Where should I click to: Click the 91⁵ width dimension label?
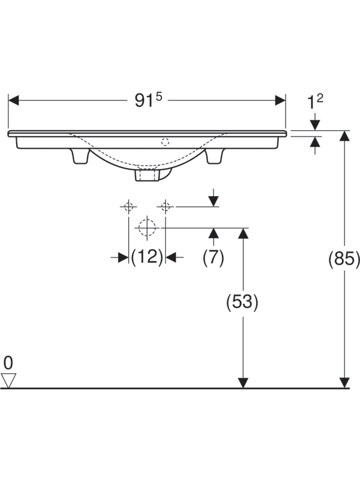click(148, 100)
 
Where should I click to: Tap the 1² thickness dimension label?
click(315, 101)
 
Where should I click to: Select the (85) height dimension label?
click(344, 259)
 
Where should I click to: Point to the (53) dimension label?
click(242, 302)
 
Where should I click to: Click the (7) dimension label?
click(214, 257)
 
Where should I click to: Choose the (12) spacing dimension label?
click(146, 257)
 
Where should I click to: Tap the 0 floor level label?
click(8, 363)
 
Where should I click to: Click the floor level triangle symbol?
click(8, 380)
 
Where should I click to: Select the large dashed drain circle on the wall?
click(147, 227)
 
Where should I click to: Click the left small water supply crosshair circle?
click(128, 206)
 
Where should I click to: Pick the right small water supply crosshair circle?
click(166, 206)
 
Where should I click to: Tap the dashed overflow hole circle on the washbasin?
click(166, 142)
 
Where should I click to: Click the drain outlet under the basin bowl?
click(148, 175)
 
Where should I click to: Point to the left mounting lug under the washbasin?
click(80, 156)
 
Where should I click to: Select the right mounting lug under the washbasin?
click(214, 156)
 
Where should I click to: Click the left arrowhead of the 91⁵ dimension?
click(13, 100)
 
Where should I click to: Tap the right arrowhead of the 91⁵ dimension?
click(280, 100)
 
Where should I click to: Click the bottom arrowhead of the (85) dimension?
click(344, 383)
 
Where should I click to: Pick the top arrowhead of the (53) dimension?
click(243, 233)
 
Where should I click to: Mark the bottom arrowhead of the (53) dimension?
click(243, 383)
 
